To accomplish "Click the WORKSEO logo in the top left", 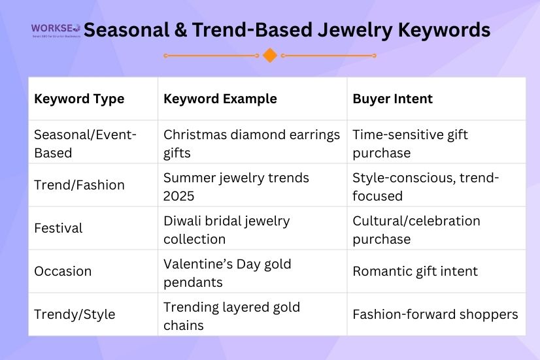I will pyautogui.click(x=56, y=30).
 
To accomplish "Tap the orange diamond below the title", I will pyautogui.click(x=270, y=56).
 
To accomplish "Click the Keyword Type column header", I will pyautogui.click(x=79, y=99).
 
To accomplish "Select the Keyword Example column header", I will pyautogui.click(x=220, y=99).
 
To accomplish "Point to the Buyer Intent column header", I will pyautogui.click(x=392, y=99).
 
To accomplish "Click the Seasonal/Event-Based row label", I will pyautogui.click(x=85, y=144).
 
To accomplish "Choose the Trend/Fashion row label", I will pyautogui.click(x=79, y=185).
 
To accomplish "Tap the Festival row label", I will pyautogui.click(x=58, y=228).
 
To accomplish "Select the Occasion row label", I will pyautogui.click(x=63, y=271).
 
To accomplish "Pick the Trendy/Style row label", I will pyautogui.click(x=75, y=314).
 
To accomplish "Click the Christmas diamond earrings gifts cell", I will pyautogui.click(x=252, y=144).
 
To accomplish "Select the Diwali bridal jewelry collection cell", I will pyautogui.click(x=226, y=230).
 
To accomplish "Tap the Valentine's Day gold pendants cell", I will pyautogui.click(x=227, y=273).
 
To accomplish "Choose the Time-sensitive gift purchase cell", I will pyautogui.click(x=410, y=144).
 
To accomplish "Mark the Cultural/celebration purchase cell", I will pyautogui.click(x=416, y=230).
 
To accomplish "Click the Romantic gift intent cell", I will pyautogui.click(x=415, y=271).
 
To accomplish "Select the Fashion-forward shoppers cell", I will pyautogui.click(x=435, y=314).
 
